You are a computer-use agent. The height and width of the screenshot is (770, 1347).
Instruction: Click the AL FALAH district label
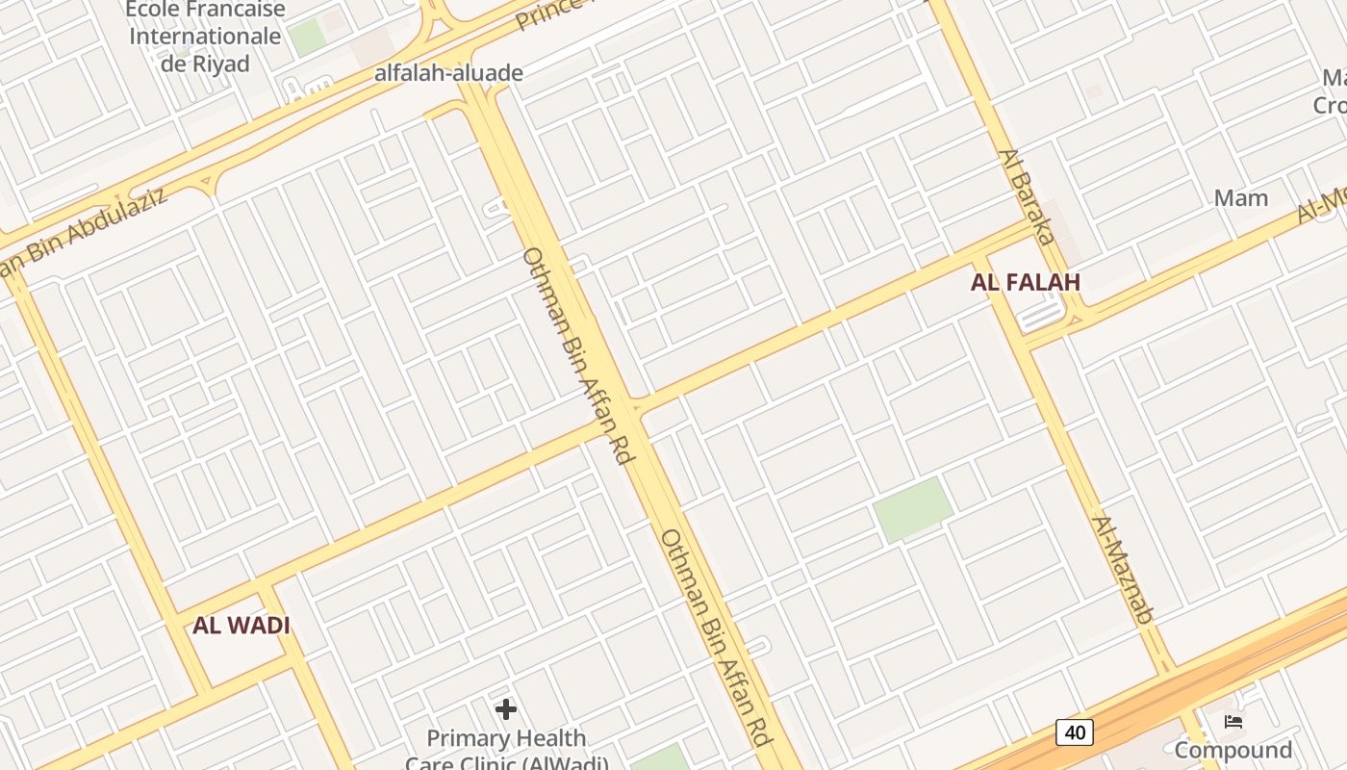[x=1026, y=282]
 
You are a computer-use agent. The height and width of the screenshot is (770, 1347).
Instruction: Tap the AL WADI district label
[x=241, y=625]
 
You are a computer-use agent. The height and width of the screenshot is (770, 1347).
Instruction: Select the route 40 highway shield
[x=1075, y=732]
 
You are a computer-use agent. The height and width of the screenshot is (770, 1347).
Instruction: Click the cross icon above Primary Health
[x=506, y=710]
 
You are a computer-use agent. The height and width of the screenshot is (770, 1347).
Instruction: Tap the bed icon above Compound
[x=1233, y=722]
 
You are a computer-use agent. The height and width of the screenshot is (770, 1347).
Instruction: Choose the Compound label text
[x=1233, y=750]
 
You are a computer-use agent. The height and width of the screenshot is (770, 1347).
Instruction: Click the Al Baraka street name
[x=1028, y=196]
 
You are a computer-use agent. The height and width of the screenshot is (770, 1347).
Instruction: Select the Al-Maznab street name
[x=1122, y=570]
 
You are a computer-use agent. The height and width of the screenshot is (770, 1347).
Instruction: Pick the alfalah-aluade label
[x=448, y=73]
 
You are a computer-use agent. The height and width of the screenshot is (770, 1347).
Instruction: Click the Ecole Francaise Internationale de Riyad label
[x=206, y=37]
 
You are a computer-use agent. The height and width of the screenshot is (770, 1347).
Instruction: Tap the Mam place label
[x=1241, y=198]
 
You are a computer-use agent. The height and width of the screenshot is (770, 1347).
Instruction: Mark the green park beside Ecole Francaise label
[x=307, y=38]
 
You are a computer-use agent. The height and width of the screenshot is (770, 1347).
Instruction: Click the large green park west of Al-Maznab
[x=912, y=509]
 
